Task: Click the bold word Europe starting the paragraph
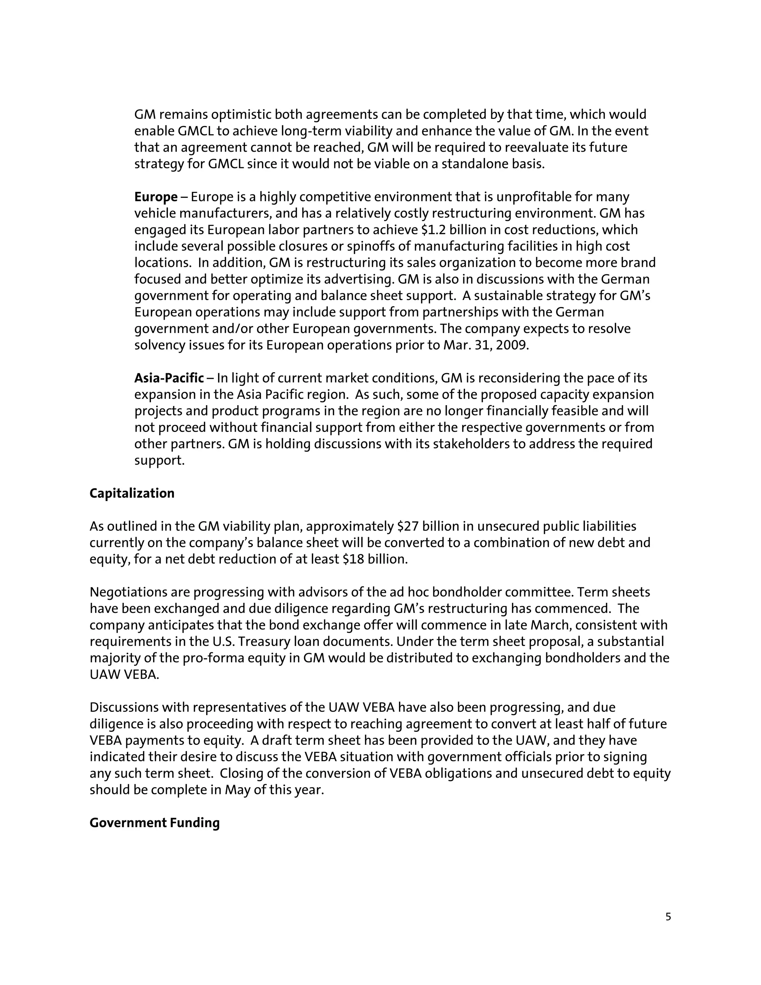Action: [x=156, y=197]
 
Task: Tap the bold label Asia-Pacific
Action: [x=169, y=378]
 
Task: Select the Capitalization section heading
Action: [x=132, y=493]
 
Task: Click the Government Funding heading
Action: [x=154, y=823]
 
